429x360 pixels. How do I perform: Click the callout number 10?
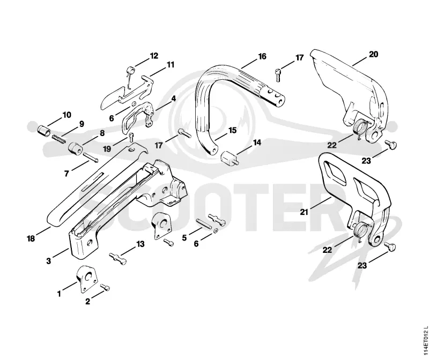66,115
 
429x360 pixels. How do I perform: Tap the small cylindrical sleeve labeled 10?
44,130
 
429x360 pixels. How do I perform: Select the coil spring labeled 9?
59,138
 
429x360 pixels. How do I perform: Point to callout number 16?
262,57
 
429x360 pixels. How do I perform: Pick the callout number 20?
373,55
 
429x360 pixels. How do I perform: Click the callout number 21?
304,212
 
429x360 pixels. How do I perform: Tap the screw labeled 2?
105,287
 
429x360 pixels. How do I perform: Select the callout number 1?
59,294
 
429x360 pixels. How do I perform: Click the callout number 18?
31,238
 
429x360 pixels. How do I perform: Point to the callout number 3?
48,261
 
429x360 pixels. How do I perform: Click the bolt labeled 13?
118,258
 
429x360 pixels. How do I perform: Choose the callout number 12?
154,56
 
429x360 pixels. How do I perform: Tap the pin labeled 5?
203,224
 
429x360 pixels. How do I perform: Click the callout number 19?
107,149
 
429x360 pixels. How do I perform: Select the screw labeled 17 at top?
278,75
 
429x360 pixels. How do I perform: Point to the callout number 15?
232,130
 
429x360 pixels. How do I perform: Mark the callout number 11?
170,65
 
